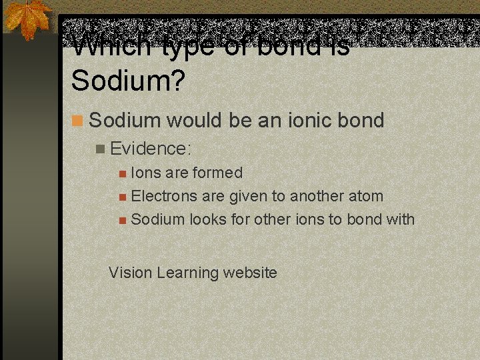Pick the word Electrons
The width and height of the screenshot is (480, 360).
(164, 196)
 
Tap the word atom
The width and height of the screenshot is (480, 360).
(365, 196)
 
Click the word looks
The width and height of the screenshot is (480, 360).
(208, 219)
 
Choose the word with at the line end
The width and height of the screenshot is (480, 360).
(399, 219)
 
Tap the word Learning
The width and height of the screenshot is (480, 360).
(184, 273)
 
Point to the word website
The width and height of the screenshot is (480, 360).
(250, 272)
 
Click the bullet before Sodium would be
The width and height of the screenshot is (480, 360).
(78, 121)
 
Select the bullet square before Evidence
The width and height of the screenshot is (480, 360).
(100, 149)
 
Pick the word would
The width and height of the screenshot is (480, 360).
(189, 121)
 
